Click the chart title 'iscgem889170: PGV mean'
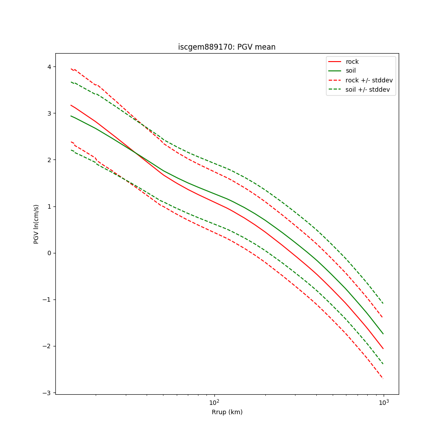coord(227,47)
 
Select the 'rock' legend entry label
coord(352,62)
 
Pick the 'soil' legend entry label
coord(350,71)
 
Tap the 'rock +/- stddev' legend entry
coord(369,80)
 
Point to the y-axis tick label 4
coord(49,67)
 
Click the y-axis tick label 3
coord(49,113)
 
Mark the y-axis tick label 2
coord(49,160)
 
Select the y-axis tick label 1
coord(49,206)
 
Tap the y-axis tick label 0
coord(49,253)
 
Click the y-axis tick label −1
coord(47,299)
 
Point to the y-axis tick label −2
coord(47,346)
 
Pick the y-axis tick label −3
coord(47,392)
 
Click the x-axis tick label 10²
coord(214,402)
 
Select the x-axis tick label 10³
coord(384,402)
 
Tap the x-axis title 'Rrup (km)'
coord(227,412)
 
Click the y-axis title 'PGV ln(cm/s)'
coord(36,224)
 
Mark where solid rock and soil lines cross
coord(136,153)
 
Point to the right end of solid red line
coord(383,349)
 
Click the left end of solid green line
coord(71,116)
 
